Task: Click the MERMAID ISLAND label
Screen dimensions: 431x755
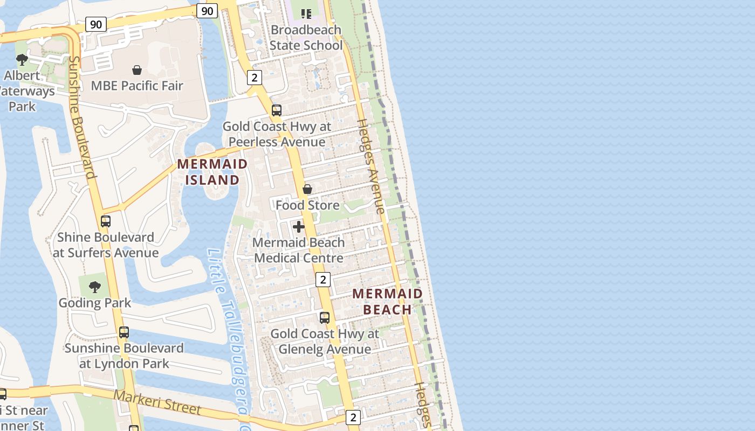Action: click(x=212, y=172)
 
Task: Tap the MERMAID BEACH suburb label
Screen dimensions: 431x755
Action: click(x=387, y=301)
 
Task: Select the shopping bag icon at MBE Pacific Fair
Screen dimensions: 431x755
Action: click(x=137, y=70)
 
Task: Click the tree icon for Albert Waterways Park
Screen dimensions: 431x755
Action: click(x=22, y=59)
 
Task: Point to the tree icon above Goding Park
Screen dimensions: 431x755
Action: click(x=95, y=287)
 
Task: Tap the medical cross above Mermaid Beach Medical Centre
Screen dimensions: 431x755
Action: click(x=298, y=227)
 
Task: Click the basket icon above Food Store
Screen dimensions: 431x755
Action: click(x=307, y=189)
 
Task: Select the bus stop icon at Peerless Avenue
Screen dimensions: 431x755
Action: click(x=277, y=110)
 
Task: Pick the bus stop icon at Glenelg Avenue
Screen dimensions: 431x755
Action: click(x=324, y=318)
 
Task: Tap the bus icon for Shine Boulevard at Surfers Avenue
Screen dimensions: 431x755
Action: click(x=106, y=221)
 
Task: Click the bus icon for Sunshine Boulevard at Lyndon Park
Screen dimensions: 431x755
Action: click(x=124, y=332)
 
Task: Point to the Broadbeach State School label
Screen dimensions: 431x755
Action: click(x=306, y=37)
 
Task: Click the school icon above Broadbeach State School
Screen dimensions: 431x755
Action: click(x=306, y=13)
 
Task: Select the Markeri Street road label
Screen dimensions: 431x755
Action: click(x=157, y=402)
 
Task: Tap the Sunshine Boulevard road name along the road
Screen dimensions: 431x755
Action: click(x=83, y=117)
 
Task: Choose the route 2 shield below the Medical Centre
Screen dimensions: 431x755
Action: click(x=322, y=280)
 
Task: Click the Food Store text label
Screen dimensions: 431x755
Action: click(x=307, y=205)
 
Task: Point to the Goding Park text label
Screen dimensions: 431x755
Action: click(x=95, y=303)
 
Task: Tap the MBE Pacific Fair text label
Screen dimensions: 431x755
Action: click(x=137, y=86)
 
